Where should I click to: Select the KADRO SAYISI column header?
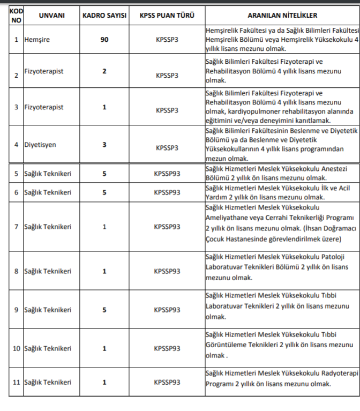point(104,16)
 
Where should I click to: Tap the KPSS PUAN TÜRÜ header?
point(167,16)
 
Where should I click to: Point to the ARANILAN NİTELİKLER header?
point(282,16)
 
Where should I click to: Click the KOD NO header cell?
point(16,16)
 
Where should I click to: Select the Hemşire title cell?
point(37,39)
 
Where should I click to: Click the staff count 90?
point(104,39)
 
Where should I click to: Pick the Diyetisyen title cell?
point(40,145)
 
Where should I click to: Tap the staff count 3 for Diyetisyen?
point(104,145)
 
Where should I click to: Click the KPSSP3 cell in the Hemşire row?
point(167,39)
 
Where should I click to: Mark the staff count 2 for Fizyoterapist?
point(104,71)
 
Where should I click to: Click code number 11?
point(16,382)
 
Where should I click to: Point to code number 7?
point(16,227)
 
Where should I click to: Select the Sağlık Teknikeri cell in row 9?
point(48,310)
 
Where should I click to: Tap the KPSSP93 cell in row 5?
point(167,174)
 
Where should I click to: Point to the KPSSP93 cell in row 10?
point(167,348)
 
